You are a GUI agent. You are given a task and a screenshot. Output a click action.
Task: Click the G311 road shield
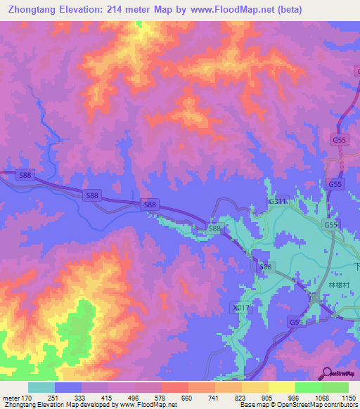(x=278, y=201)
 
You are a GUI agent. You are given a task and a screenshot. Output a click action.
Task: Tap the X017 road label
(x=241, y=308)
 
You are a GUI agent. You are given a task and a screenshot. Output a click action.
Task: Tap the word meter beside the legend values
(x=11, y=397)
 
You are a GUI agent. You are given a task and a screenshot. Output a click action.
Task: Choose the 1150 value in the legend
(x=348, y=397)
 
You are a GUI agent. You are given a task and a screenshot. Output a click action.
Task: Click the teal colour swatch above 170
(x=41, y=387)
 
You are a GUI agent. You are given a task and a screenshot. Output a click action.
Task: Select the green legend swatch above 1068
(x=335, y=387)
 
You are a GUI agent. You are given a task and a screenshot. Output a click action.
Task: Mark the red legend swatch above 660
(x=175, y=387)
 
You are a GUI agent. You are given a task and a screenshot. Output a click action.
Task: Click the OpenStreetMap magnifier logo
(x=327, y=373)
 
